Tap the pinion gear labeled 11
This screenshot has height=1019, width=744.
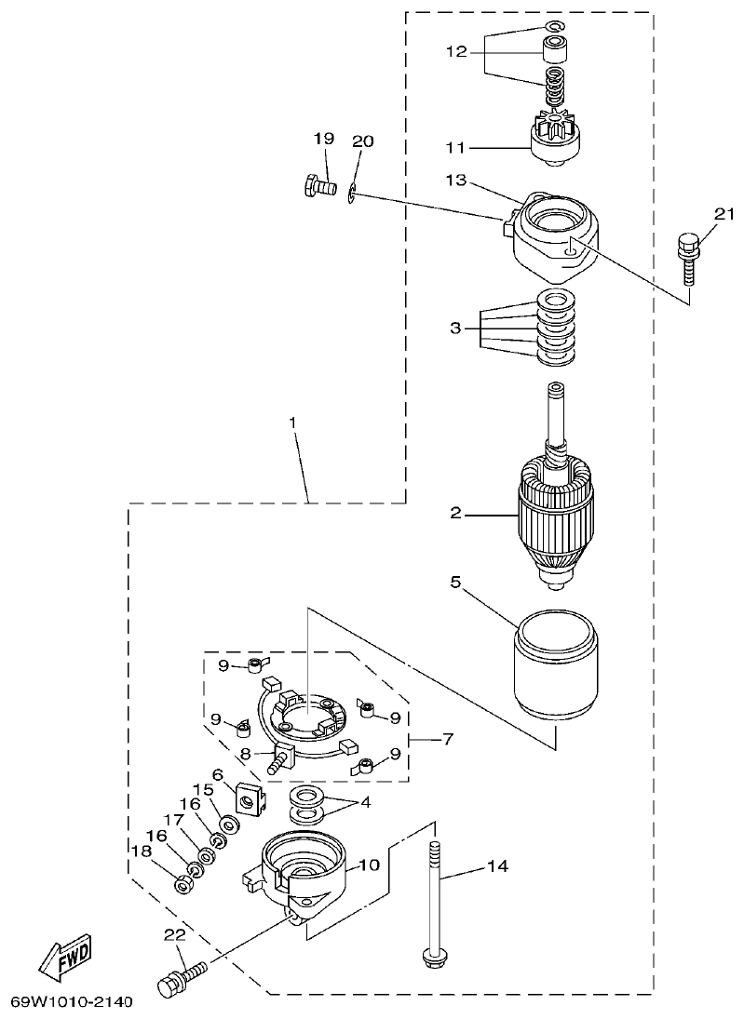pos(555,137)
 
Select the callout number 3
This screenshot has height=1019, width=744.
pos(455,328)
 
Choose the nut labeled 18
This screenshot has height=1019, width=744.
pos(184,881)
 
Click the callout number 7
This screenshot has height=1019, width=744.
pos(448,740)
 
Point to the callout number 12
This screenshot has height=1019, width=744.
pos(456,52)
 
